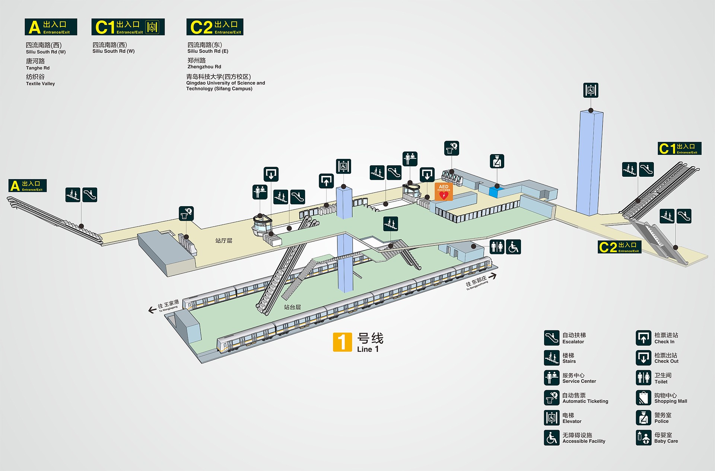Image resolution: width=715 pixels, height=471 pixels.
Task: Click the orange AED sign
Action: (444, 191)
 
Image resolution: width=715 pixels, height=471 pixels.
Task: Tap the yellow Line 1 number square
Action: (342, 342)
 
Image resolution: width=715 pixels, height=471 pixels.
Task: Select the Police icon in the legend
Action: (643, 418)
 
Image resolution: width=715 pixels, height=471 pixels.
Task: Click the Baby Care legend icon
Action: (643, 438)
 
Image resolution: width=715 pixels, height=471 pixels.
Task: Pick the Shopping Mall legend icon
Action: (643, 398)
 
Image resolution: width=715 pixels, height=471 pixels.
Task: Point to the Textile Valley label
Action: (40, 84)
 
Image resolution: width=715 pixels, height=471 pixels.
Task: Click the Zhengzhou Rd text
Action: (204, 67)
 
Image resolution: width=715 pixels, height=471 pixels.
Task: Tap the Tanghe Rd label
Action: (38, 68)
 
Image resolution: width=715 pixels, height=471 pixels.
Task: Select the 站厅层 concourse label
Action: (223, 241)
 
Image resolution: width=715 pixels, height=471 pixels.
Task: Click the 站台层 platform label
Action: (292, 307)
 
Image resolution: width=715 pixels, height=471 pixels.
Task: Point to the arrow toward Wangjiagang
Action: (152, 310)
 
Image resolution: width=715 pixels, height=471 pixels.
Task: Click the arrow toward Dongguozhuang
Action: (492, 276)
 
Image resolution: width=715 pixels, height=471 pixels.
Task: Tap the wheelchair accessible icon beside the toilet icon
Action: (514, 247)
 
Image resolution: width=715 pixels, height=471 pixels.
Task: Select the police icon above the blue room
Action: (497, 161)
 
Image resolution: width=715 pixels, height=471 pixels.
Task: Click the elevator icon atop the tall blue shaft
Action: (591, 90)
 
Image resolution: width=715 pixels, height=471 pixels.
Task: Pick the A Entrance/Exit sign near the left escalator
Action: (28, 185)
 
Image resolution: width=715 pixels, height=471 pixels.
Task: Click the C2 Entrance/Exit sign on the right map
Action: (619, 247)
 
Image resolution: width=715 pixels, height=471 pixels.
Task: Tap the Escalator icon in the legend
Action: (552, 338)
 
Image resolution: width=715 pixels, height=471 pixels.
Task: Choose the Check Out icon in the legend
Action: (643, 358)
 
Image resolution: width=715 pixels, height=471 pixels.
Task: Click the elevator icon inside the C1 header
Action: (152, 27)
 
